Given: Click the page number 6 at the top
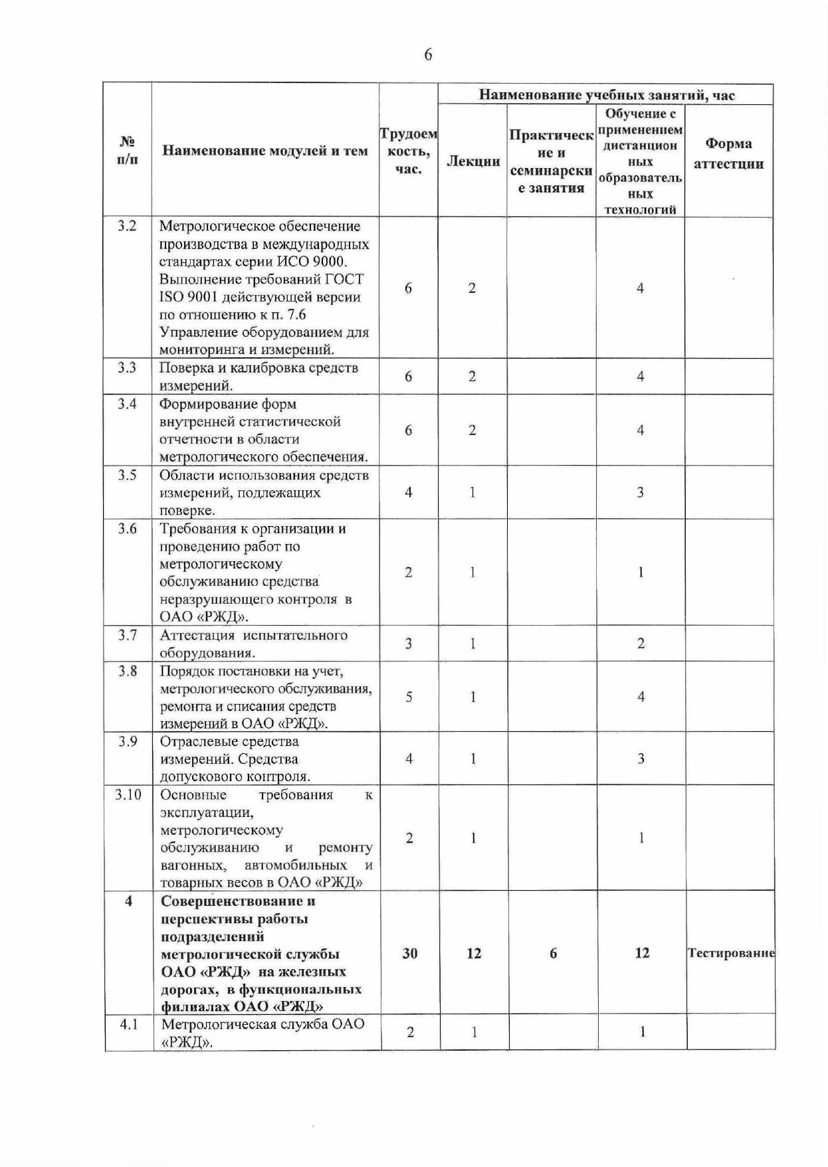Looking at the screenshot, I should [427, 54].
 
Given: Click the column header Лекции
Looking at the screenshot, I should [472, 161].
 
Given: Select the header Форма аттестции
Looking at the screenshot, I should [728, 153].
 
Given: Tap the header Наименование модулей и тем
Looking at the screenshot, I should [265, 151].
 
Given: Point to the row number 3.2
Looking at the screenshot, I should [127, 226].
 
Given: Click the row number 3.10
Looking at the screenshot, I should [128, 794].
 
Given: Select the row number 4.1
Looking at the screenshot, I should [128, 1024].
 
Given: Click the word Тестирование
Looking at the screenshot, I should [731, 953].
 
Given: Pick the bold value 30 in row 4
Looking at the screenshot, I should [410, 953].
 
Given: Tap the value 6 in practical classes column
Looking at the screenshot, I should [553, 953].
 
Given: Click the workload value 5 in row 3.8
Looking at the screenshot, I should [409, 697].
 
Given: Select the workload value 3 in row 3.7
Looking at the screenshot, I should [409, 644].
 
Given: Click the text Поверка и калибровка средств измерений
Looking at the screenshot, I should [259, 377].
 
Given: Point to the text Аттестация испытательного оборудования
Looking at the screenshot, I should [254, 644].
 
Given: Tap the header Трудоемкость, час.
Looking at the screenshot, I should [408, 151].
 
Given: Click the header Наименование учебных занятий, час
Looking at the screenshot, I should [607, 95].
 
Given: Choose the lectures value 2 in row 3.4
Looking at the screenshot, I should [472, 430].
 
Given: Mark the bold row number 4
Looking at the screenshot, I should [128, 901].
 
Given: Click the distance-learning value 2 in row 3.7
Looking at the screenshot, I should [641, 644].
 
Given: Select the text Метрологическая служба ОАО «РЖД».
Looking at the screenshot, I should [262, 1032].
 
